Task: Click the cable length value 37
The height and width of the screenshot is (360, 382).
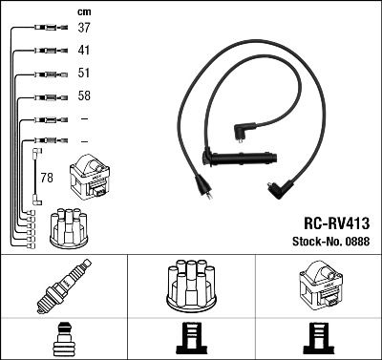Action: (85, 28)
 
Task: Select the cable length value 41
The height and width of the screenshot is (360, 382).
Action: (85, 50)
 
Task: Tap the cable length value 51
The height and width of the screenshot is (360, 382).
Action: (85, 74)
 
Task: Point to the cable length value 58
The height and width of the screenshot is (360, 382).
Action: (85, 96)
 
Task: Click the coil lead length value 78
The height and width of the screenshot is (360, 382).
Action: (47, 177)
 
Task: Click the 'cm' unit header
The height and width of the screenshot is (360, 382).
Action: (84, 11)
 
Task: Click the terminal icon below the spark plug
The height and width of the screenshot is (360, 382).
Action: (64, 339)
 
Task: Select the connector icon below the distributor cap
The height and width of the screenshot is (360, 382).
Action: (191, 339)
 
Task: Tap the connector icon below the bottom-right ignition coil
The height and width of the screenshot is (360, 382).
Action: (318, 339)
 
